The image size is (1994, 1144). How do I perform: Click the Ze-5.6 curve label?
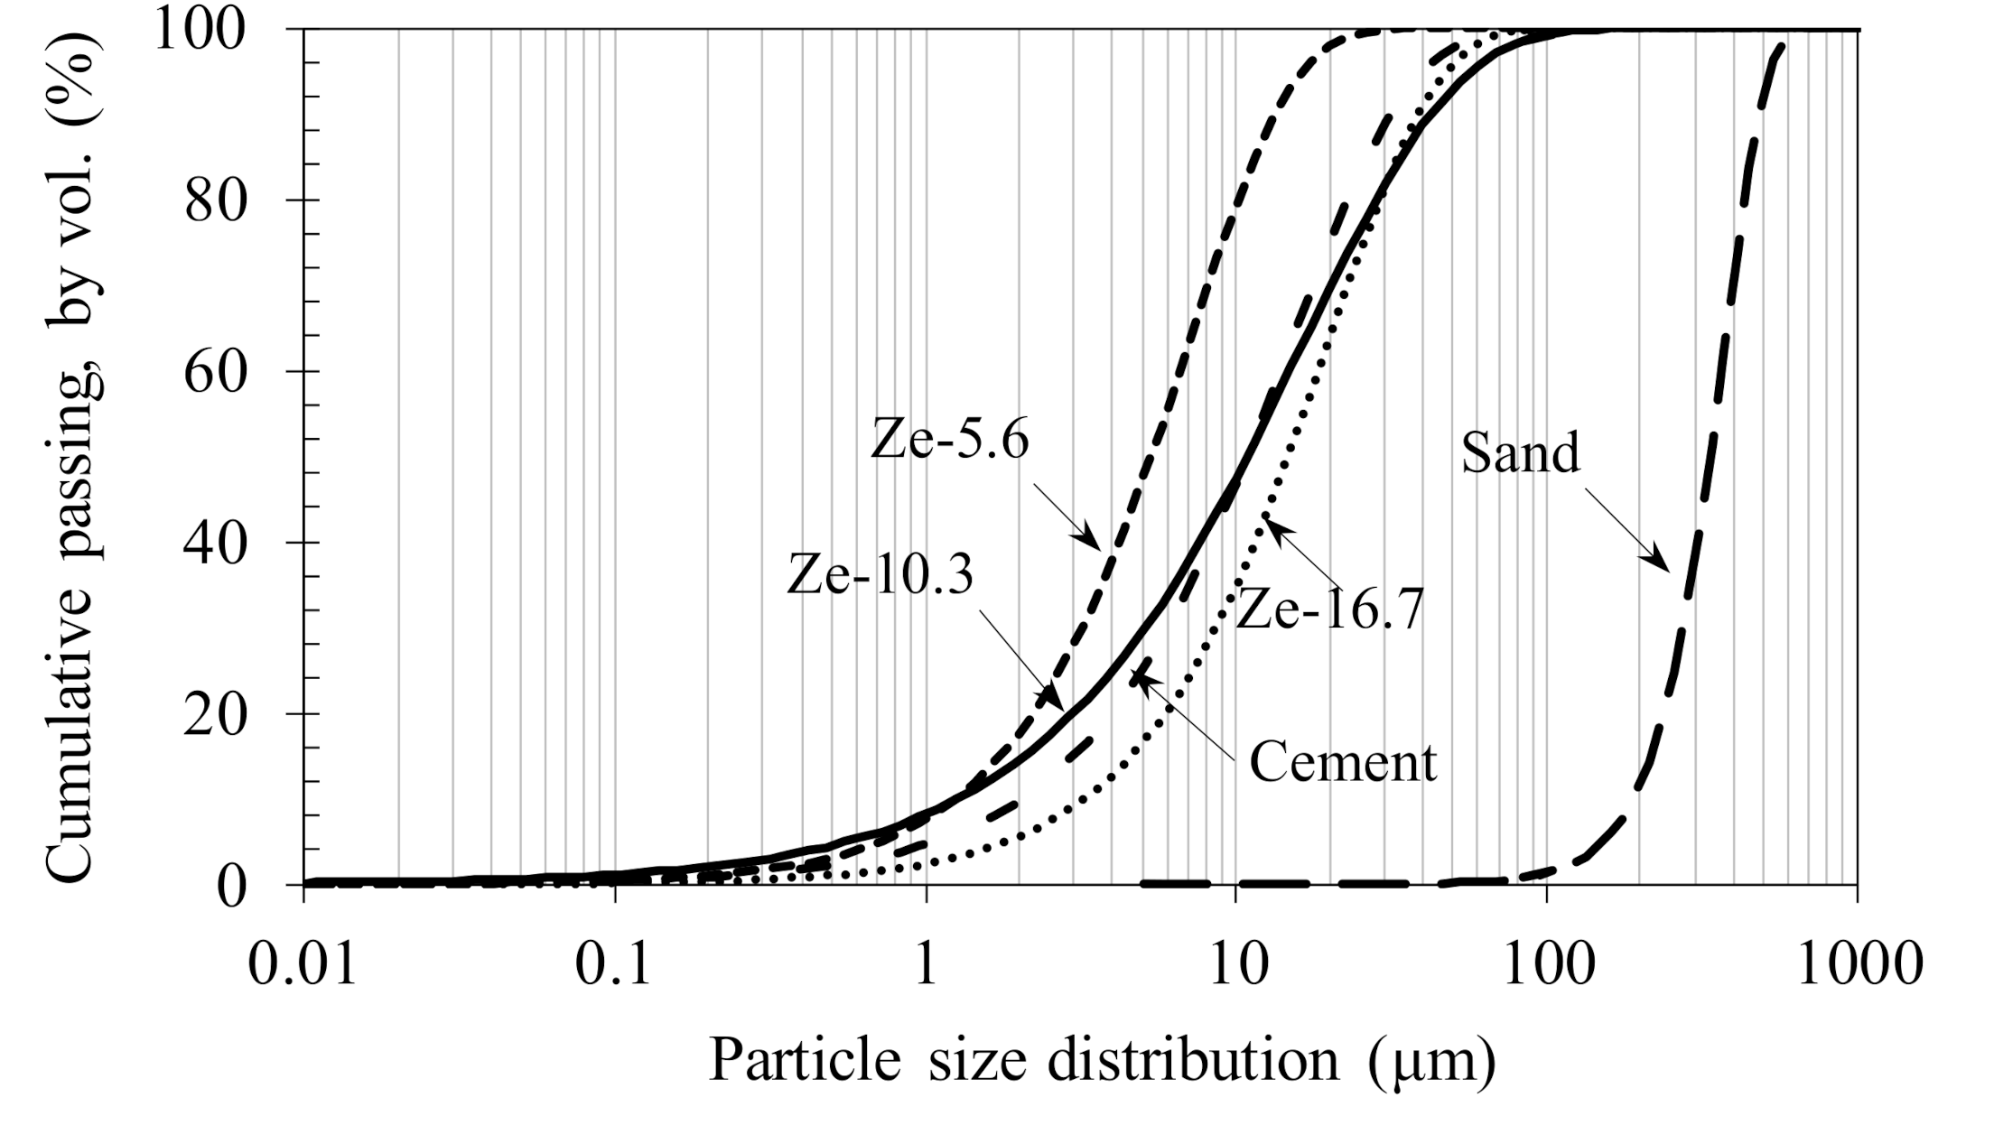pyautogui.click(x=949, y=441)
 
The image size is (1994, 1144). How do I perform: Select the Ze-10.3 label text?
pyautogui.click(x=881, y=574)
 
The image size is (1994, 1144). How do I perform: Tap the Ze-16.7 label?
pyautogui.click(x=1328, y=610)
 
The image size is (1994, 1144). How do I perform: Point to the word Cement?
pyautogui.click(x=1342, y=762)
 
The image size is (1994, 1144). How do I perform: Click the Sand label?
pyautogui.click(x=1520, y=452)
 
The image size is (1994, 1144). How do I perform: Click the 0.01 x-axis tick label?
pyautogui.click(x=303, y=964)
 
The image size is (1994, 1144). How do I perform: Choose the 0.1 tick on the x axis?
pyautogui.click(x=615, y=964)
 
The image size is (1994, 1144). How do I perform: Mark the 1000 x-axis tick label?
pyautogui.click(x=1859, y=964)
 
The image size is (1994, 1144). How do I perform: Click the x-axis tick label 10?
pyautogui.click(x=1236, y=964)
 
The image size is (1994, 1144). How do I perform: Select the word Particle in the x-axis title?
pyautogui.click(x=805, y=1060)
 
